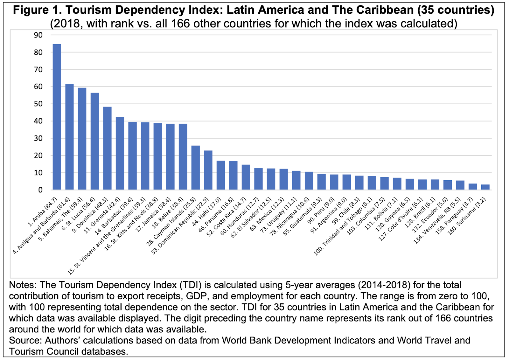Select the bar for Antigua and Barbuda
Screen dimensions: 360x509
pos(69,137)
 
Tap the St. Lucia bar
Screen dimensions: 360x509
pos(94,141)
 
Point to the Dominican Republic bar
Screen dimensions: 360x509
pos(208,170)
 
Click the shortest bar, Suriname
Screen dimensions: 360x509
pos(485,187)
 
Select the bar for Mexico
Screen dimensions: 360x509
pos(283,179)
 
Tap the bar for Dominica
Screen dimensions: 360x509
pos(107,148)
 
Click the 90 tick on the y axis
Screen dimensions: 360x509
pos(38,35)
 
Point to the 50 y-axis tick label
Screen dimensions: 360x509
pos(38,104)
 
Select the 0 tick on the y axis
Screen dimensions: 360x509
pos(40,190)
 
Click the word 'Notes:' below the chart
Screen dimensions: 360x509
pos(23,285)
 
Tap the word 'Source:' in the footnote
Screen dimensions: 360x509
pos(25,340)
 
